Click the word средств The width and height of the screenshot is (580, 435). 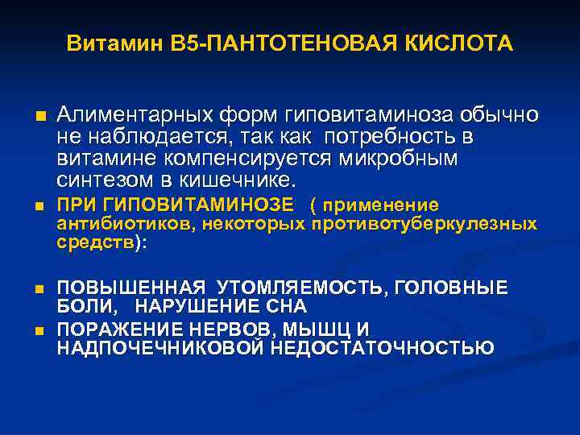click(x=96, y=242)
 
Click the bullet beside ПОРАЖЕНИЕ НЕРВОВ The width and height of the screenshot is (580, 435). click(x=38, y=330)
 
